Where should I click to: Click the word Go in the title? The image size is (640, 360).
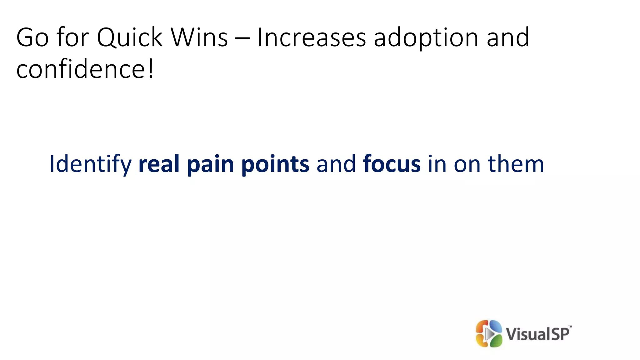pos(32,37)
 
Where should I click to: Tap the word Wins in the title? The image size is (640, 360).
pos(199,37)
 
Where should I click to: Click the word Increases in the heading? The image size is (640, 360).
pos(311,37)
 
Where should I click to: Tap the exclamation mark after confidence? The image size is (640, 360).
pos(151,69)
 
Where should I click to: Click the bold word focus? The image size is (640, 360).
pos(392,164)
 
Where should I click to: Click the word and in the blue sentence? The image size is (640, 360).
pos(336,164)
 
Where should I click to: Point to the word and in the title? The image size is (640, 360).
pos(508,37)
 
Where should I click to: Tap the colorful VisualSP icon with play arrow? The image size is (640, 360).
pos(489,333)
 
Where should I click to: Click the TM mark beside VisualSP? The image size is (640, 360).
pos(570,327)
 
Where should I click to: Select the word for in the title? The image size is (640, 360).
pos(72,37)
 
